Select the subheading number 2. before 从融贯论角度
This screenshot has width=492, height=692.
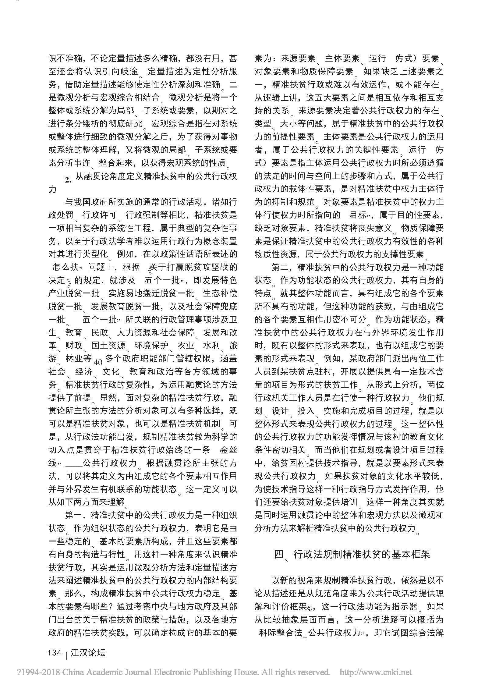click(68, 180)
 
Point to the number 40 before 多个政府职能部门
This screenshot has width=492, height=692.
click(98, 363)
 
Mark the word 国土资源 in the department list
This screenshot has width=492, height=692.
click(108, 345)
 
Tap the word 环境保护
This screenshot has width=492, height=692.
click(151, 345)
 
